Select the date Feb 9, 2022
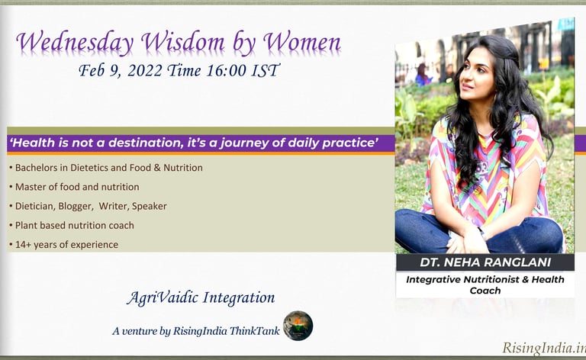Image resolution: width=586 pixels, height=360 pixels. (x=126, y=72)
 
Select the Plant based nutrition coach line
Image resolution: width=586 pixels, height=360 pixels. (x=72, y=225)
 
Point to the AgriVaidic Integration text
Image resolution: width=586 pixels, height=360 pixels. (x=201, y=297)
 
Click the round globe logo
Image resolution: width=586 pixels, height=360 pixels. (x=298, y=326)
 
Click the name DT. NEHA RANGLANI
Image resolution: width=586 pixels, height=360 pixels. (x=485, y=263)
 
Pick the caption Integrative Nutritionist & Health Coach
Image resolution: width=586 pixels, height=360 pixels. (x=485, y=284)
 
